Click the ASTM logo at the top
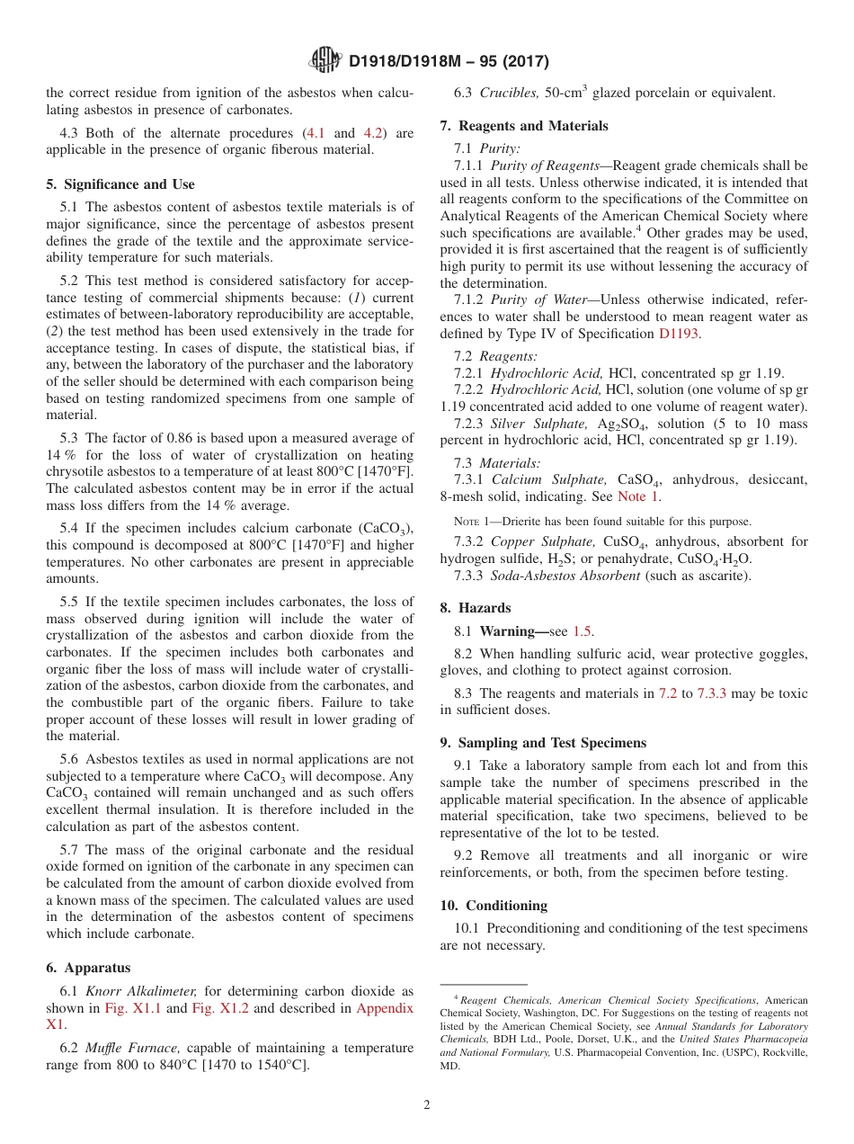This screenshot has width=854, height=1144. (x=325, y=61)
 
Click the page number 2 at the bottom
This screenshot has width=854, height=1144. (x=427, y=1104)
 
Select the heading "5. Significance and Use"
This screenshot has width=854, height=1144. (x=120, y=184)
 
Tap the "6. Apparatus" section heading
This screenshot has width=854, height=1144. (x=88, y=968)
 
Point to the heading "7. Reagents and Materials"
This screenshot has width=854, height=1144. (x=524, y=126)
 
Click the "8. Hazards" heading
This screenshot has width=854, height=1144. (x=475, y=608)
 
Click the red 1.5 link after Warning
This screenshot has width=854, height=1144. (x=583, y=631)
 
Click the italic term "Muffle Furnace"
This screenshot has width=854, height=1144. (x=125, y=1048)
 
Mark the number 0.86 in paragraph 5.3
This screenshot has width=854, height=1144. (x=182, y=438)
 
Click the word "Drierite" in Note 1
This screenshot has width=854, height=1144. (x=516, y=522)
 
